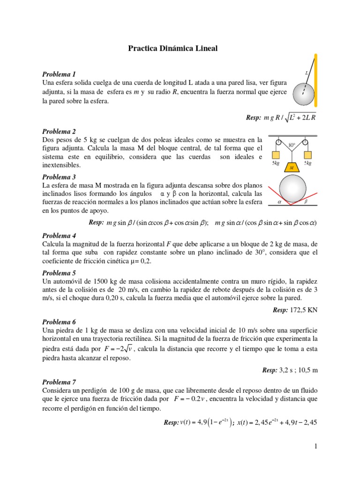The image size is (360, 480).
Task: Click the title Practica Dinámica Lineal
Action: click(173, 48)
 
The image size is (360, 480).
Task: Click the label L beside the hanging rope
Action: click(307, 73)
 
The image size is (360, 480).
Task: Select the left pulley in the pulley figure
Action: click(278, 142)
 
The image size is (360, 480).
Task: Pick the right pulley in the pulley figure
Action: click(305, 142)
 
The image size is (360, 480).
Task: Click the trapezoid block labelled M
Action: click(292, 167)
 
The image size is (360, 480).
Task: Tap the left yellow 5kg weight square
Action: click(276, 155)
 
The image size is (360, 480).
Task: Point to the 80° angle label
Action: click(292, 146)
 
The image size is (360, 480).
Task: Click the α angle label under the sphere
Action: click(279, 202)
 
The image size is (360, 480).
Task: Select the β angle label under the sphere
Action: click(306, 202)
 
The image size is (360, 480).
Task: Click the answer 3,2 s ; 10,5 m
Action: click(297, 370)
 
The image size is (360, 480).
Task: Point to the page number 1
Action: click(316, 447)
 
